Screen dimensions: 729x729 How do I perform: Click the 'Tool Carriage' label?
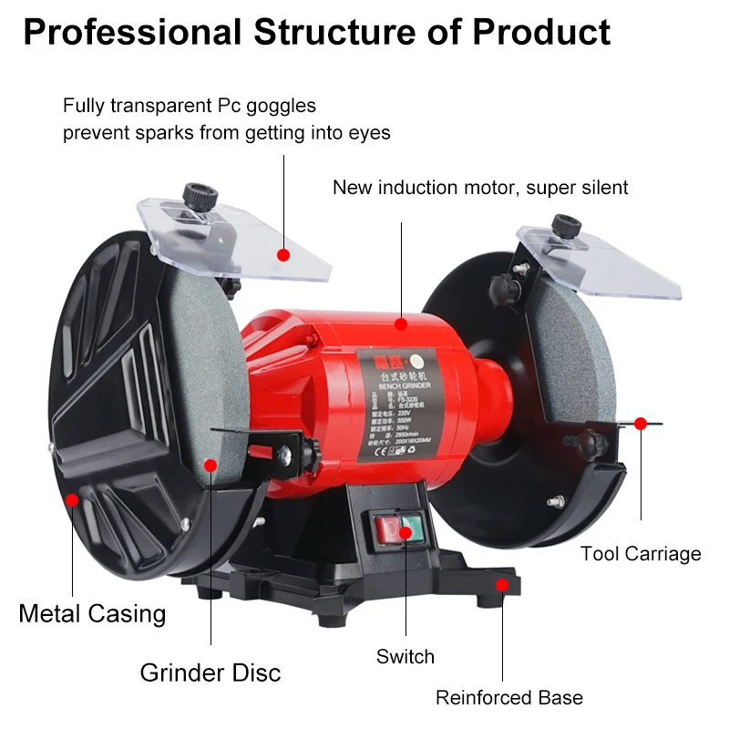[x=641, y=553]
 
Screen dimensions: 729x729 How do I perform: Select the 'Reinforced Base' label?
[x=508, y=698]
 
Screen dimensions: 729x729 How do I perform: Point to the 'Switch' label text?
[x=406, y=656]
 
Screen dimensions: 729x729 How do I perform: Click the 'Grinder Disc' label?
[x=210, y=673]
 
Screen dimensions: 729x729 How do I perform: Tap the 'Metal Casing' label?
[x=92, y=613]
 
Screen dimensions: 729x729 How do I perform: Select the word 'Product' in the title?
[x=541, y=33]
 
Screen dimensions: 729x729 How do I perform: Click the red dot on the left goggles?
[x=283, y=255]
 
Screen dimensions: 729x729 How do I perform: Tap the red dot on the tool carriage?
[x=641, y=423]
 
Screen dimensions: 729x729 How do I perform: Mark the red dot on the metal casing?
[x=72, y=499]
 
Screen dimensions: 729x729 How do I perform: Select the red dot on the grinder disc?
[x=210, y=465]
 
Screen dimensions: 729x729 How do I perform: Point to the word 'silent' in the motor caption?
[x=601, y=188]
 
